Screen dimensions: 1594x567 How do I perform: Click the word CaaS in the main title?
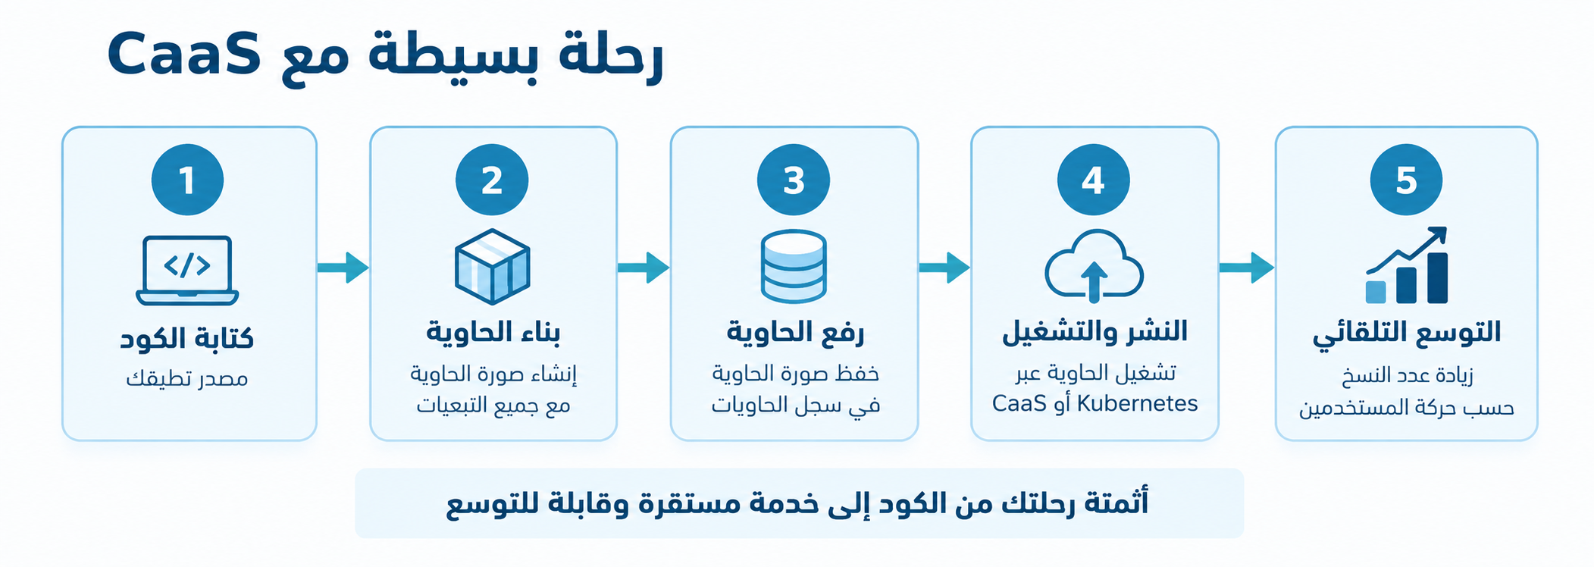(184, 55)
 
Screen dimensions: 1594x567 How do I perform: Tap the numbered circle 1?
(187, 180)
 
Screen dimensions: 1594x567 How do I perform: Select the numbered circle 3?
(794, 180)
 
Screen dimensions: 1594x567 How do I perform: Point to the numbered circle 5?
(1406, 180)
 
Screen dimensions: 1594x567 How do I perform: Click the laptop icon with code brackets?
(187, 271)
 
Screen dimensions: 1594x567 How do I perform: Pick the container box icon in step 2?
(492, 267)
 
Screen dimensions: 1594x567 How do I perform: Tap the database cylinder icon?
(794, 267)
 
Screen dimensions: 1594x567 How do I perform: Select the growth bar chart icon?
(1407, 265)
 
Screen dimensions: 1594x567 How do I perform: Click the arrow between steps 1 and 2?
(343, 268)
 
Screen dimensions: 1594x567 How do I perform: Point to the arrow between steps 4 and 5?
(1247, 268)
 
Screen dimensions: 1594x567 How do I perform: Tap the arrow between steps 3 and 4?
(944, 268)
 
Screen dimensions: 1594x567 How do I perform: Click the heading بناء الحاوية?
(493, 332)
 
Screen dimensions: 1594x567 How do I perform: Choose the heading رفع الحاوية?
(795, 332)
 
